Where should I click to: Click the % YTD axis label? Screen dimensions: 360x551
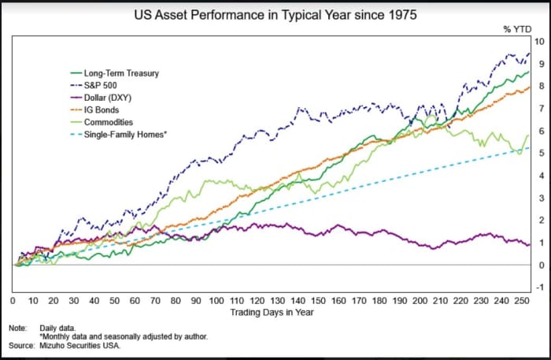[x=517, y=29]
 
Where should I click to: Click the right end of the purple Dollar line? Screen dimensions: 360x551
[x=529, y=244]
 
